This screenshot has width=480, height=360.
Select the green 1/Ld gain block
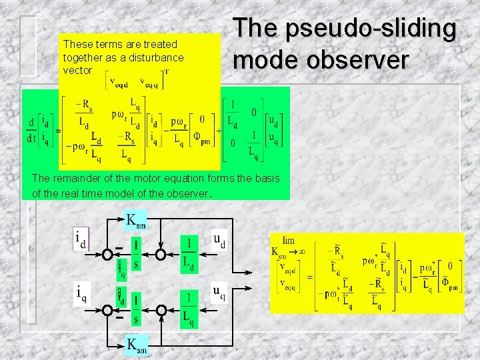[x=189, y=253]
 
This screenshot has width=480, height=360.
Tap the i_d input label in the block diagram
[x=81, y=239]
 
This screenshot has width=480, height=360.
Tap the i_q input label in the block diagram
[x=81, y=293]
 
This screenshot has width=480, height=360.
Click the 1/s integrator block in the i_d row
[x=136, y=253]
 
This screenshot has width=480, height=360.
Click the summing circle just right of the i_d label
[x=107, y=255]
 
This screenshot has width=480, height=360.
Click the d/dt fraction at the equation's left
[x=31, y=131]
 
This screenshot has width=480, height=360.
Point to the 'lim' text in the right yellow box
[x=289, y=241]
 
